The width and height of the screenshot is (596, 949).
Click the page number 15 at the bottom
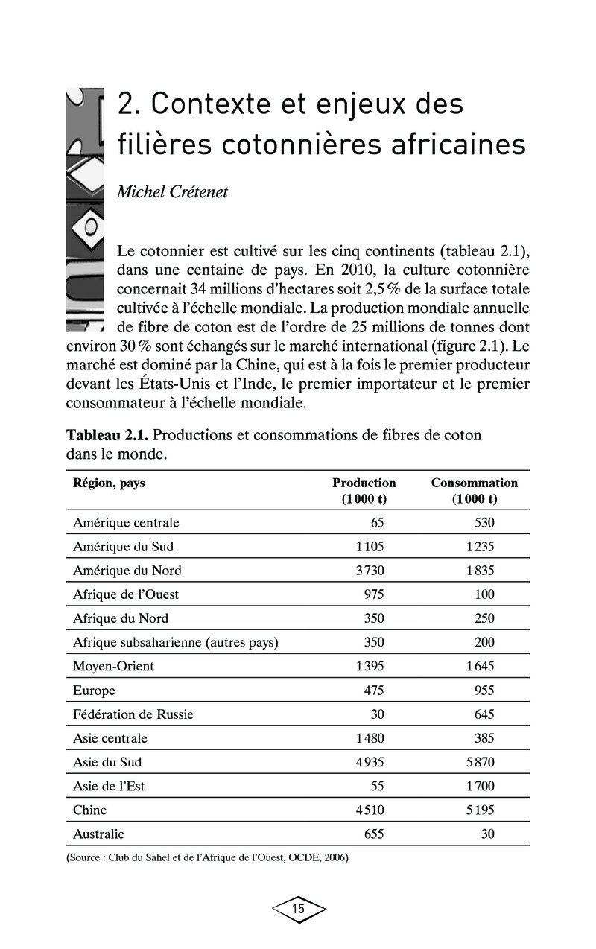coord(298,909)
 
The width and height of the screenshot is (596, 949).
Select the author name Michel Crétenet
coord(173,192)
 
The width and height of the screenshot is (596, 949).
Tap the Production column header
coord(364,491)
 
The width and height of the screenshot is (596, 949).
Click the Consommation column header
coord(474,491)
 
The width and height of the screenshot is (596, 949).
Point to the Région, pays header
coord(109,483)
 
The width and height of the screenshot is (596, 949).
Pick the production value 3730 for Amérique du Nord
coord(370,571)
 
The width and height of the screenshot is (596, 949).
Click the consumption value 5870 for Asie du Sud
coord(480,762)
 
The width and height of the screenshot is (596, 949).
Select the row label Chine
coord(89,810)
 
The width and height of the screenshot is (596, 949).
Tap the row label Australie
coord(98,834)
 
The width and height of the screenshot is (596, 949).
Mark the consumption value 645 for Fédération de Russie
coord(484,714)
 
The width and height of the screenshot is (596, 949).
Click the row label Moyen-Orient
coord(113,666)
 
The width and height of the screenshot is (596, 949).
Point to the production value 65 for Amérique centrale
coord(377,523)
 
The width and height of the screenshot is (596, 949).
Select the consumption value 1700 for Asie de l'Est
coord(480,786)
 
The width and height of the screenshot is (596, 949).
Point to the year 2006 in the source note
coord(333,857)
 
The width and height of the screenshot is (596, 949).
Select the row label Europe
coord(94,691)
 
